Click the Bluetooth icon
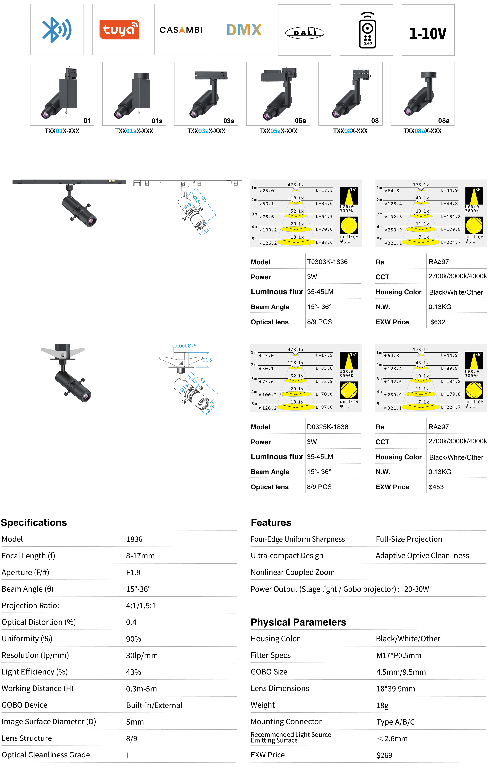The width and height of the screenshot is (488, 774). click(56, 30)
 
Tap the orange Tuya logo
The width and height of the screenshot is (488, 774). click(119, 30)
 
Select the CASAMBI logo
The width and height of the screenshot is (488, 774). click(181, 30)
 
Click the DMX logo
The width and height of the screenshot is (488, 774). click(244, 30)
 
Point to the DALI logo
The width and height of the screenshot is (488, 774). click(305, 33)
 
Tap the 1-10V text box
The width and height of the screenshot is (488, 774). click(428, 34)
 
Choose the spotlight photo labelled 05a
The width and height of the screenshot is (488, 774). click(278, 93)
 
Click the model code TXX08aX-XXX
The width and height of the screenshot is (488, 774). click(422, 131)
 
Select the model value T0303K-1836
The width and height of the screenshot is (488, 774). click(327, 262)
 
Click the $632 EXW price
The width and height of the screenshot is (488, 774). click(437, 322)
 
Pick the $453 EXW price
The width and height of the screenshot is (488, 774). click(436, 487)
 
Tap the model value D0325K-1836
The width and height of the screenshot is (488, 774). click(327, 427)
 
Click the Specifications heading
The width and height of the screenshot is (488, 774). click(34, 522)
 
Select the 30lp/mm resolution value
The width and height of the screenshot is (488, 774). click(142, 655)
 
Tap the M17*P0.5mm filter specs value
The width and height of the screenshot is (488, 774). click(399, 655)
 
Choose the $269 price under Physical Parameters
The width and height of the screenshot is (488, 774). click(384, 755)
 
